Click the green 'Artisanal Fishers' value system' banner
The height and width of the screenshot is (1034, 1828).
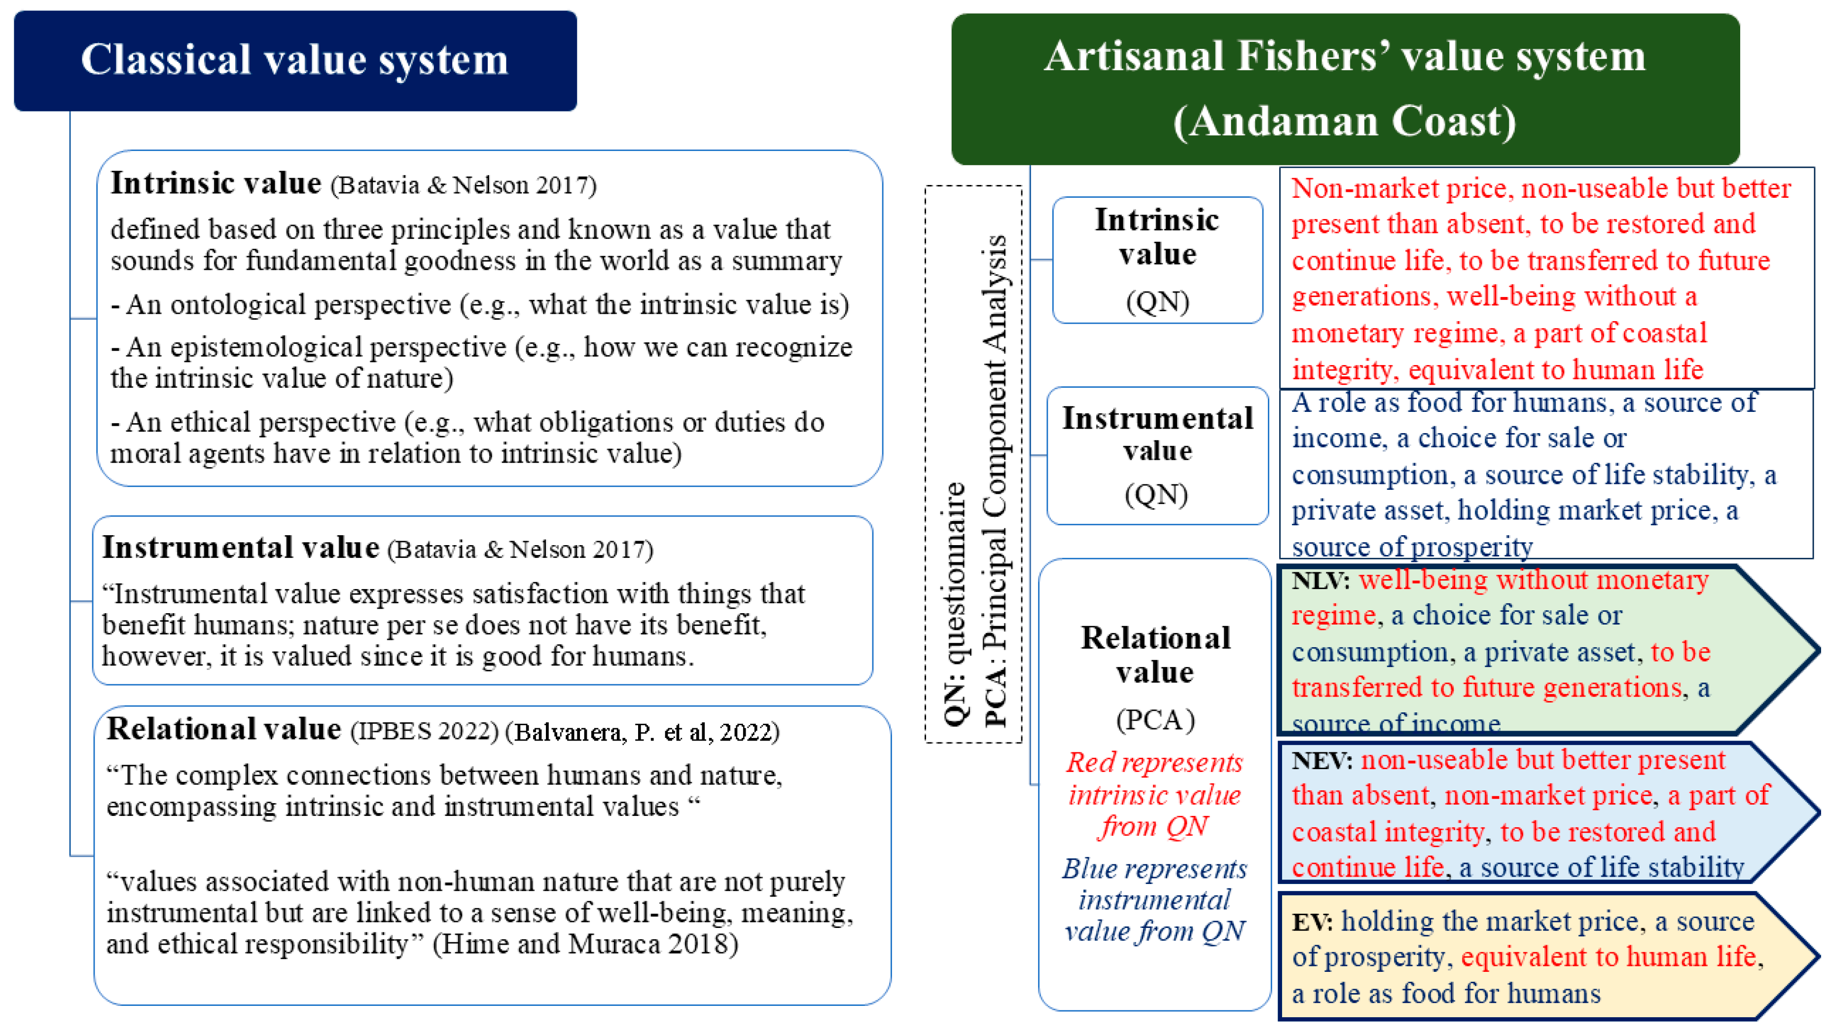pyautogui.click(x=1345, y=89)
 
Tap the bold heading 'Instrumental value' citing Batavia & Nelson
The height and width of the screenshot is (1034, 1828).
pyautogui.click(x=241, y=548)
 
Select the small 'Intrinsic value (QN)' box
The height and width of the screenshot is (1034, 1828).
pyautogui.click(x=1157, y=260)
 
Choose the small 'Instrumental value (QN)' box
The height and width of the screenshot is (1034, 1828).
pyautogui.click(x=1157, y=456)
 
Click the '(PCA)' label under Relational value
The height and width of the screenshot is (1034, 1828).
pyautogui.click(x=1155, y=720)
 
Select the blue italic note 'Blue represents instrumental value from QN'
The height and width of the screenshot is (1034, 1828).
pyautogui.click(x=1154, y=900)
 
